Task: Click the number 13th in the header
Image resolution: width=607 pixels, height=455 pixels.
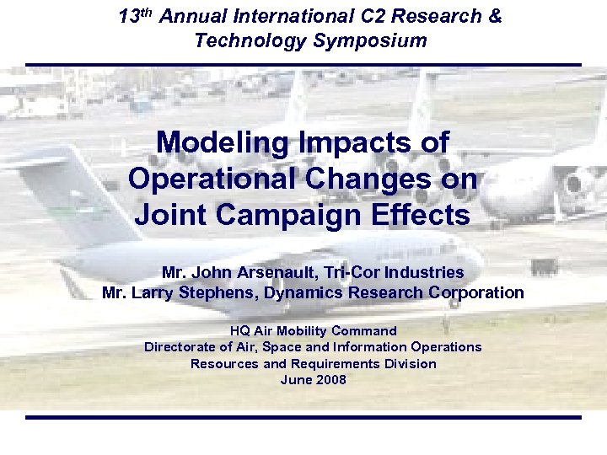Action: coord(134,16)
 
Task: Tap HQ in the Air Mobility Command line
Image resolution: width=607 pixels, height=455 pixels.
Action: coord(239,331)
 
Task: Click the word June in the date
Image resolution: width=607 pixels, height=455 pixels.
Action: coord(295,380)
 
